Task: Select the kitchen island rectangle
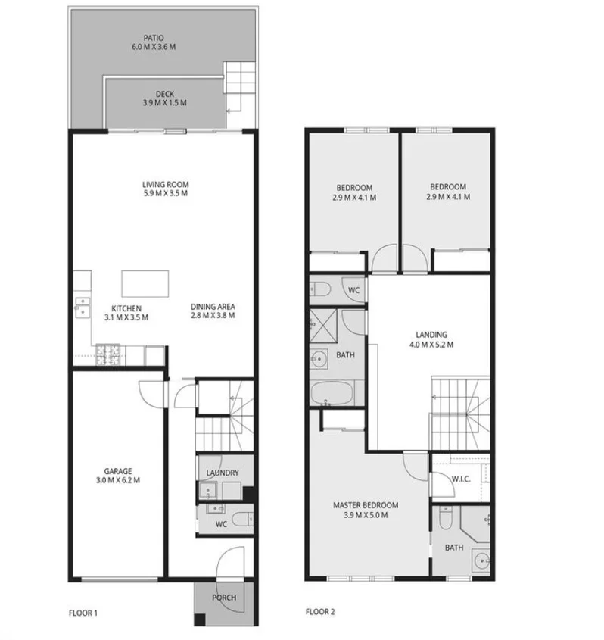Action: tap(147, 284)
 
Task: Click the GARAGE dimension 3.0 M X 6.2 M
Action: tap(117, 479)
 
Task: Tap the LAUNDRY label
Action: tap(223, 473)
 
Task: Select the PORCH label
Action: tap(223, 598)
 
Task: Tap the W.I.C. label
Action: tap(461, 478)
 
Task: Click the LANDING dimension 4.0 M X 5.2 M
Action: tap(431, 345)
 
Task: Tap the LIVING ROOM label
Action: tap(165, 184)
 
